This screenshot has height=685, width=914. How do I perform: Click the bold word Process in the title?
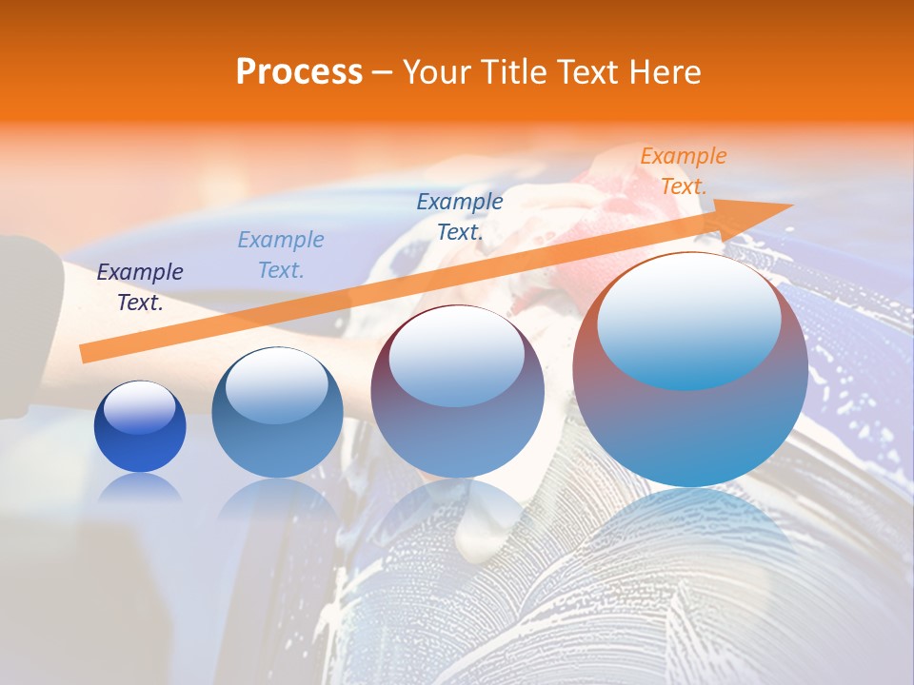(299, 72)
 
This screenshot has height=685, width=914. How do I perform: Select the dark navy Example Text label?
(140, 287)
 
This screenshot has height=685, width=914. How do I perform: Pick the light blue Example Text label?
(281, 255)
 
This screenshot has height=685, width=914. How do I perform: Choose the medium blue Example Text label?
(460, 217)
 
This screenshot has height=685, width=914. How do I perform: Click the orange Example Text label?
(684, 171)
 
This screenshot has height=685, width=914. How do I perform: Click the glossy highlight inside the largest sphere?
(689, 322)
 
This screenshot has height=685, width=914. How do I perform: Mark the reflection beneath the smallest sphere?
(140, 488)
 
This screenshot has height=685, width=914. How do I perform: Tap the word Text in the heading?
(582, 72)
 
